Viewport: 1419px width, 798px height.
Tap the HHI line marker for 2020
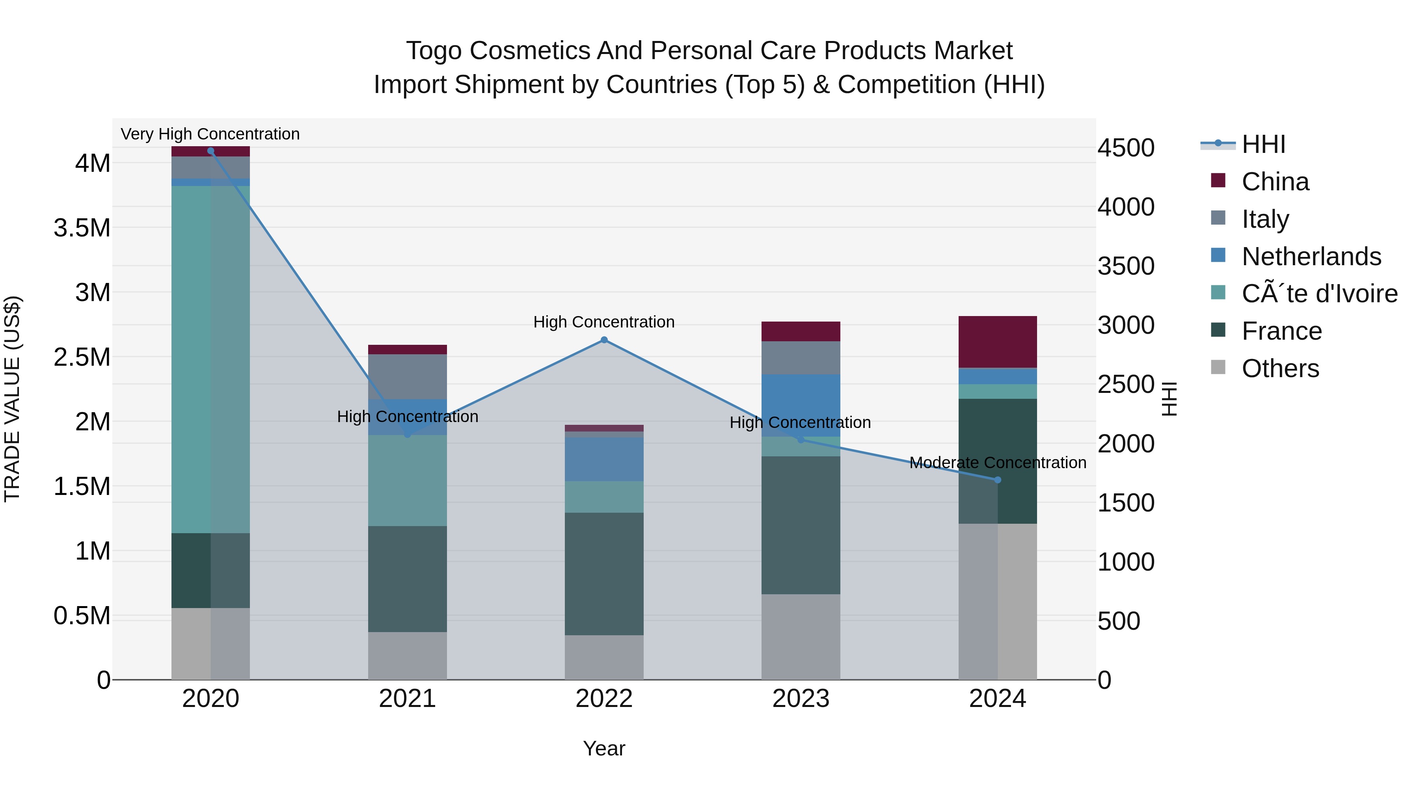tap(210, 151)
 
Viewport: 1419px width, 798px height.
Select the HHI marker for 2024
tap(997, 480)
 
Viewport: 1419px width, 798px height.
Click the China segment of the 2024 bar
tap(997, 341)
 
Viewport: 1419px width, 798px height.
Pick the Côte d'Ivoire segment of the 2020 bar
tap(210, 358)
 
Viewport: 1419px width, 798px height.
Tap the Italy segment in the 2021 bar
tap(407, 376)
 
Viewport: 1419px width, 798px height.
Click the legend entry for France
tap(1281, 331)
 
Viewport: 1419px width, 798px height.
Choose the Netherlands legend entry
tap(1311, 257)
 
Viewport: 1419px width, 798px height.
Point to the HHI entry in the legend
tap(1263, 144)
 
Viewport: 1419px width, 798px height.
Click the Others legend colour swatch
tap(1218, 367)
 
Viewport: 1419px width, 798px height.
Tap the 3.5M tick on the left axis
tap(82, 227)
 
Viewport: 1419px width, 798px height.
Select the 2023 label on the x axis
tap(801, 699)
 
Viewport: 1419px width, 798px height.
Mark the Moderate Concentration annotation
tap(997, 463)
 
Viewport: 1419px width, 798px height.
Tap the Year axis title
tap(604, 748)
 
